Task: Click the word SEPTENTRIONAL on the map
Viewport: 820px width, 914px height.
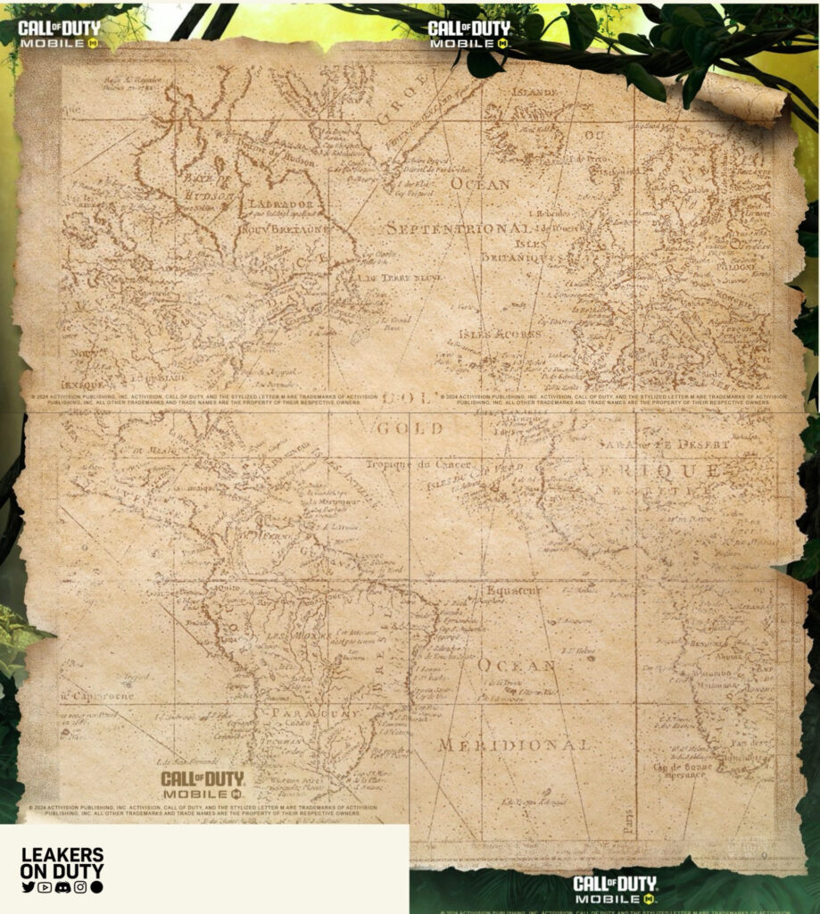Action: point(458,228)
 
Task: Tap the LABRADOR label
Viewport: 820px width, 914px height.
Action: point(278,204)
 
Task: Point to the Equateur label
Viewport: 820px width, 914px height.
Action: point(514,590)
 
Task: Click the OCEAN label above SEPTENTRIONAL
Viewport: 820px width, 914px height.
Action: point(480,184)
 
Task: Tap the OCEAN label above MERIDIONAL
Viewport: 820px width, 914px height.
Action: point(517,665)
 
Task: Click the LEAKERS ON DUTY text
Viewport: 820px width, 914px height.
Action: point(62,863)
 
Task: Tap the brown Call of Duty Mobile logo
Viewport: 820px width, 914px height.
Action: point(203,785)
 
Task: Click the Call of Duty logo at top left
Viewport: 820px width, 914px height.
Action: point(60,33)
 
